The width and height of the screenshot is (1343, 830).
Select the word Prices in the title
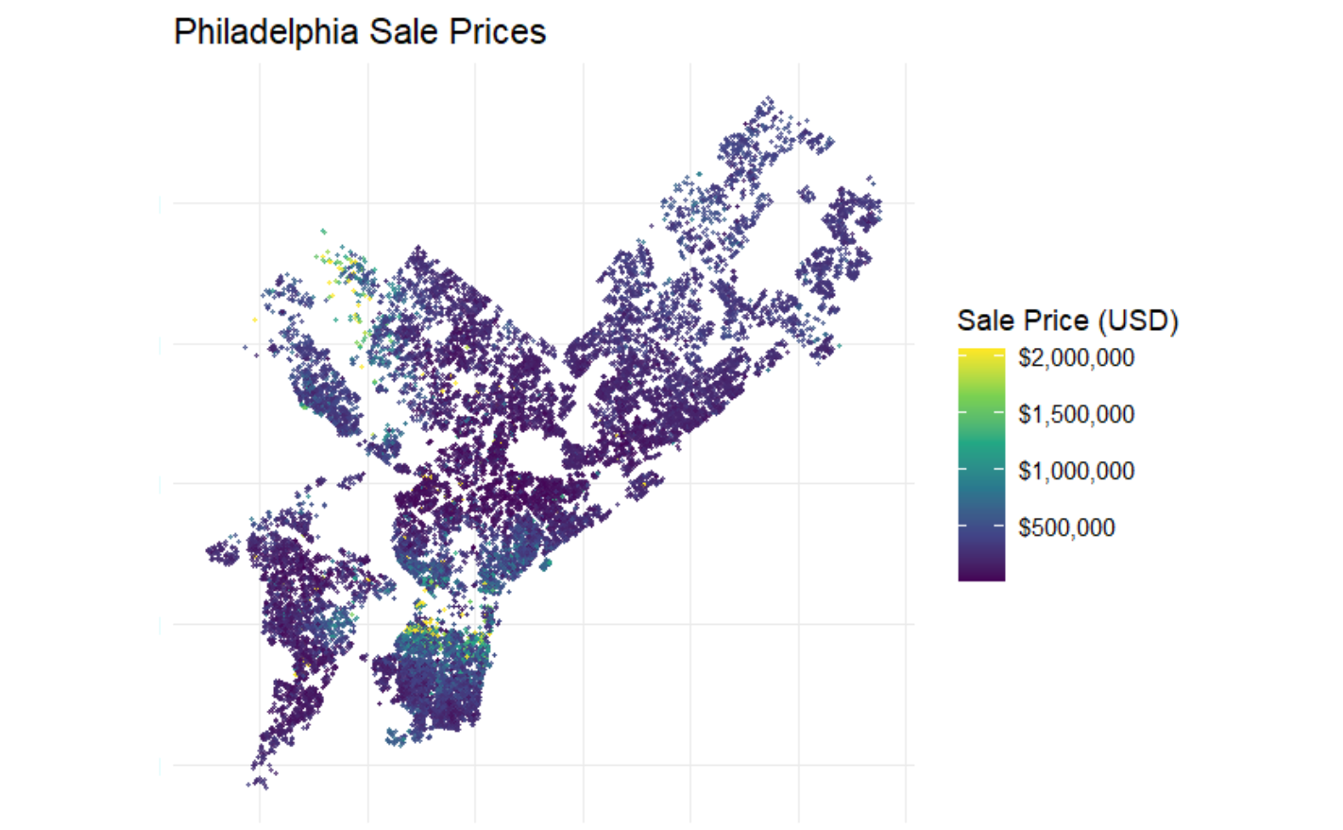(497, 32)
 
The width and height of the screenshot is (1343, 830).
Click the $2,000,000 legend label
(1076, 357)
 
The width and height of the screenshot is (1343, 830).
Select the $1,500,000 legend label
(1076, 414)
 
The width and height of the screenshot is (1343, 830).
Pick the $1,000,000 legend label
(1076, 471)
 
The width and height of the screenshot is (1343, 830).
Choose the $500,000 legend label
(1066, 527)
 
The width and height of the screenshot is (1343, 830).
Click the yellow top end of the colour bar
(981, 355)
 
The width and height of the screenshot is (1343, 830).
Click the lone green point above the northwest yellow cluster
(323, 231)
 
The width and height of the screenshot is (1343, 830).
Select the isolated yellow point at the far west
(255, 320)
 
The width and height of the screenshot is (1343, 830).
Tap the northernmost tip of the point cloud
(768, 98)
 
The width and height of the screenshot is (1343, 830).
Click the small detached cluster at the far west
(223, 553)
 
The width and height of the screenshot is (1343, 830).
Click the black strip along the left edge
(78, 415)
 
